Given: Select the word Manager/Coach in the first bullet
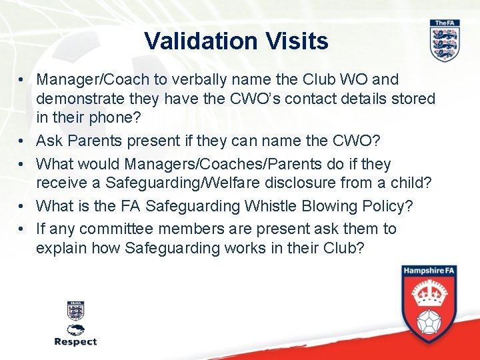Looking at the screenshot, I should click(93, 79).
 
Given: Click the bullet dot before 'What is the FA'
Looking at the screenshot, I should click(22, 207).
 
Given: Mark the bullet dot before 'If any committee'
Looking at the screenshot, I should click(22, 229).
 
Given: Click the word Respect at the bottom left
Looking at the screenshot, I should click(75, 341).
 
